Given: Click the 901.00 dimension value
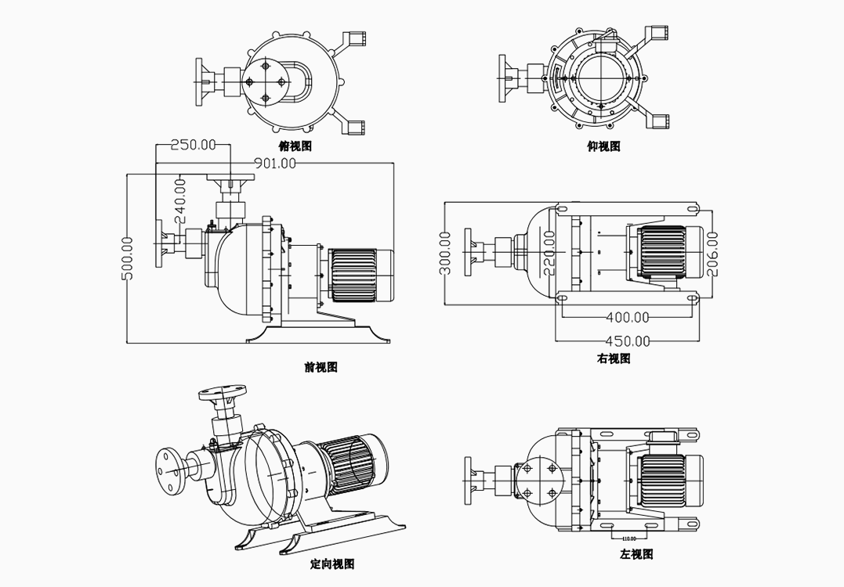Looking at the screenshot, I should pyautogui.click(x=275, y=164).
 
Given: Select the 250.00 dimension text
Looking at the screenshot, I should pyautogui.click(x=193, y=144).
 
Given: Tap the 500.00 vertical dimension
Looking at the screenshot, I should pyautogui.click(x=128, y=257).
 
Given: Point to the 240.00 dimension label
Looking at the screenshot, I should pyautogui.click(x=179, y=201).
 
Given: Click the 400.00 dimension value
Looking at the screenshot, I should pyautogui.click(x=628, y=317).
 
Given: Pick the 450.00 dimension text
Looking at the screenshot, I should pyautogui.click(x=628, y=340).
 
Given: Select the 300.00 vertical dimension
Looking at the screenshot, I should pyautogui.click(x=445, y=253).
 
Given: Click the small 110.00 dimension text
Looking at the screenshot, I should pyautogui.click(x=628, y=538).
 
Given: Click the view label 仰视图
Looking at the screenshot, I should pyautogui.click(x=603, y=146).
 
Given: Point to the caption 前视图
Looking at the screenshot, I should pyautogui.click(x=321, y=366).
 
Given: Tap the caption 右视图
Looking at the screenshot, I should pyautogui.click(x=614, y=358).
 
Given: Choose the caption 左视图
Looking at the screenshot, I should pyautogui.click(x=636, y=554).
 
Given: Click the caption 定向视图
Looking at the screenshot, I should pyautogui.click(x=332, y=564).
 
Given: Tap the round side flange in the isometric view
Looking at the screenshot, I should pyautogui.click(x=168, y=469).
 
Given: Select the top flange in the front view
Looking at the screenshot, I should pyautogui.click(x=230, y=178).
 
